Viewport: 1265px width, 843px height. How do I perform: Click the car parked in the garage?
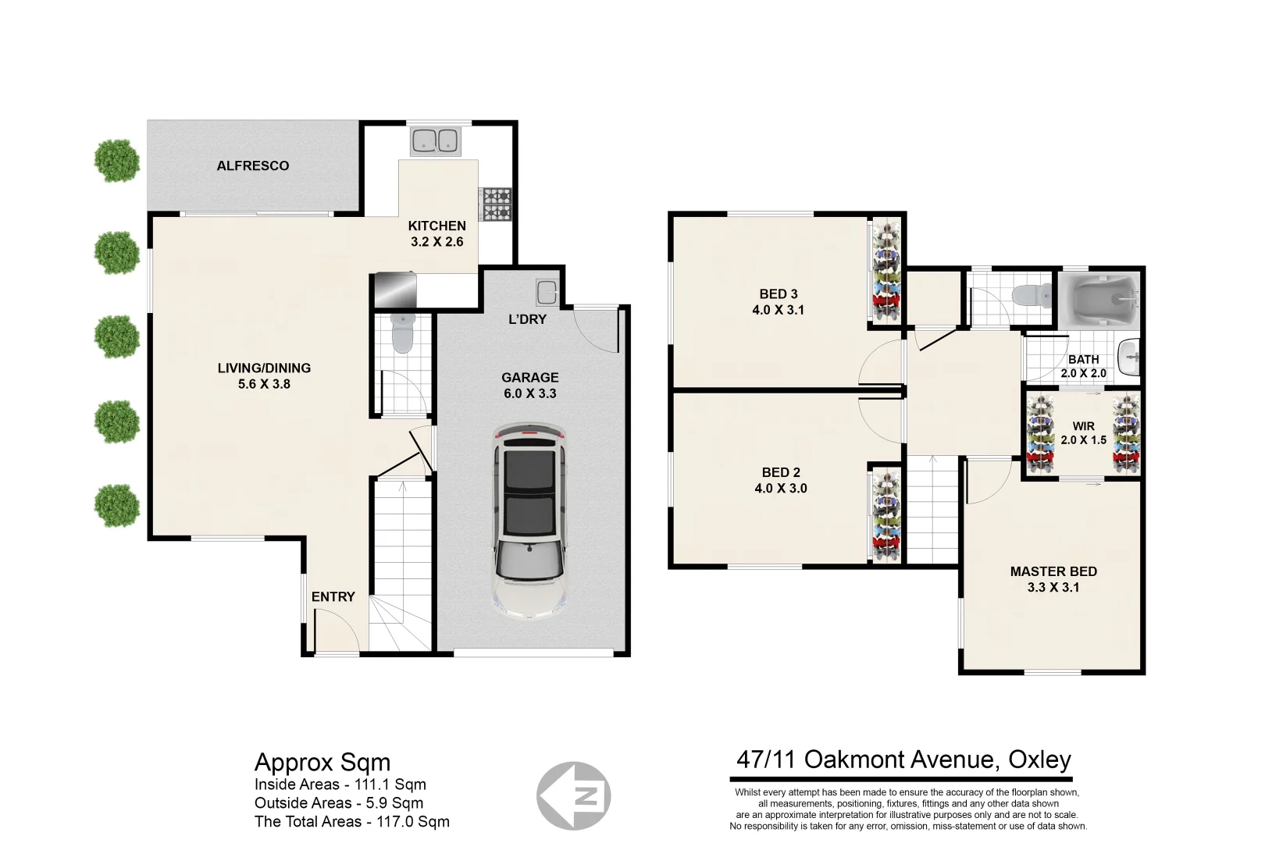coord(529,521)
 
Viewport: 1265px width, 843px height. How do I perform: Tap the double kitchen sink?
coord(435,141)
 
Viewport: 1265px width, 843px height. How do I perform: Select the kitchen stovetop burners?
coord(495,204)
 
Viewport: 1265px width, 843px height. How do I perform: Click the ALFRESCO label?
coord(253,165)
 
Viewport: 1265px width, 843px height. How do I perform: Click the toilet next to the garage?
coord(401,333)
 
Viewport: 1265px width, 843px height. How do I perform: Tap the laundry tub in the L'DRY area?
coord(547,293)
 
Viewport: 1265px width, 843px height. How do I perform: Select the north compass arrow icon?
coord(574,795)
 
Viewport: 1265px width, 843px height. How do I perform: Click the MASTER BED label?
coord(1053,571)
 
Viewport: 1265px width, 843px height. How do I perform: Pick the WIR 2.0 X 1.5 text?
coord(1083,433)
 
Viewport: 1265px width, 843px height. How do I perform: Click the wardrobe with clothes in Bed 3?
coord(885,271)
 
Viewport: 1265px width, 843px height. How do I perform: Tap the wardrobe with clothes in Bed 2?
coord(885,515)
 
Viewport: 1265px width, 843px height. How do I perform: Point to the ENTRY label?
coord(333,596)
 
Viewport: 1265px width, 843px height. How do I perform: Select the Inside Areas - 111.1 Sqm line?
coord(340,784)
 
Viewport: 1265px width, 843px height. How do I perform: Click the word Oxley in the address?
coord(1039,759)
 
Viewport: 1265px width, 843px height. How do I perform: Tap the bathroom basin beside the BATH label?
coord(1128,358)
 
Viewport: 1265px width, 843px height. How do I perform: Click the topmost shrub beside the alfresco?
coord(117,161)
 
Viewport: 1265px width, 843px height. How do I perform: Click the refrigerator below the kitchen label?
coord(395,290)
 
